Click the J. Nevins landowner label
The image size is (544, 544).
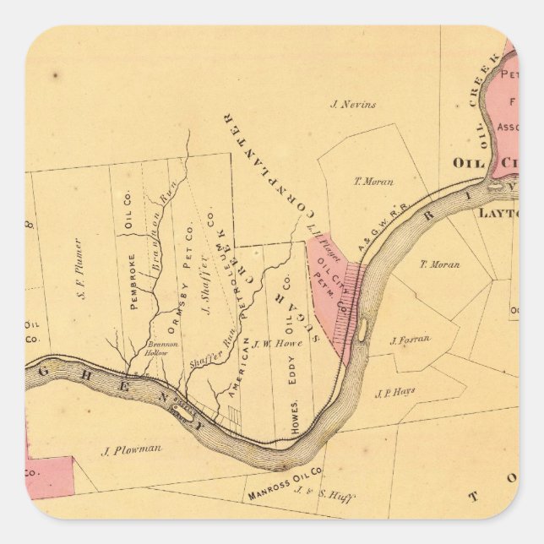pyautogui.click(x=353, y=105)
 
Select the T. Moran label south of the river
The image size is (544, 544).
pyautogui.click(x=440, y=264)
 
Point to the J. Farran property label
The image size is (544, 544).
pyautogui.click(x=410, y=340)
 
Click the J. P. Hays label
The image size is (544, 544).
pyautogui.click(x=394, y=391)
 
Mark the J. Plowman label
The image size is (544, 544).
pyautogui.click(x=132, y=450)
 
